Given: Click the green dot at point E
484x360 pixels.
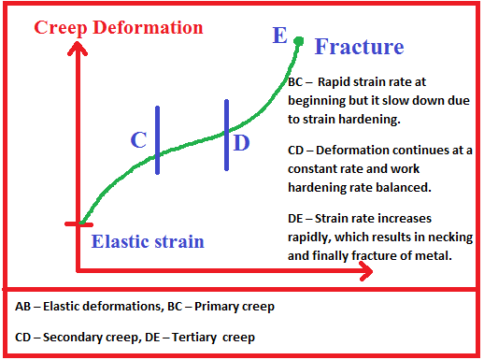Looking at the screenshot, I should click(299, 40).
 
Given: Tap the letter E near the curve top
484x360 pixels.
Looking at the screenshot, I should click(279, 36).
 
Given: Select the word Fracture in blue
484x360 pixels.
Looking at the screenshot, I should click(359, 47).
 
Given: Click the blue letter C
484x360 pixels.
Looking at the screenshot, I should click(138, 140).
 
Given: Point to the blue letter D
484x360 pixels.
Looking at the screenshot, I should click(241, 142).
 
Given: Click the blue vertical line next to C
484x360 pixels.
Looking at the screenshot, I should click(158, 140).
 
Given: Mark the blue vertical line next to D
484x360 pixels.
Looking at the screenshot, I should click(226, 135).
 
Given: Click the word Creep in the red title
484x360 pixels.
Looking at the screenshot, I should click(62, 27).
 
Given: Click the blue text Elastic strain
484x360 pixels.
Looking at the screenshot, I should click(148, 242).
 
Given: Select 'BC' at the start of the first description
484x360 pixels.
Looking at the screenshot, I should click(297, 81).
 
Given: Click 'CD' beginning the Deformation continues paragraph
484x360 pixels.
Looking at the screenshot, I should click(297, 150).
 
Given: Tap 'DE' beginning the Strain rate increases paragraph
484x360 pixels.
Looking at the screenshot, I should click(297, 218).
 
